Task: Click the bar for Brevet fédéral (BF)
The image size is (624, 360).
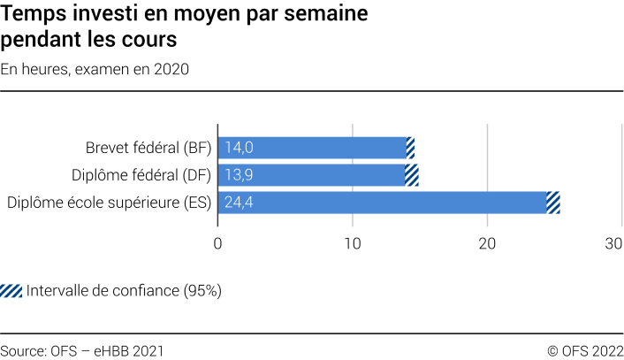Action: (x=311, y=148)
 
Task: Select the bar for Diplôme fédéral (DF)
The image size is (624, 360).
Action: (x=311, y=175)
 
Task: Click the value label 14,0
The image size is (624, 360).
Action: (x=240, y=148)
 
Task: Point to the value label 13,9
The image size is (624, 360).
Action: (x=240, y=175)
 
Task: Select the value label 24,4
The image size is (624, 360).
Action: (x=240, y=203)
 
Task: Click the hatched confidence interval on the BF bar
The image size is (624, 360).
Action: (x=410, y=148)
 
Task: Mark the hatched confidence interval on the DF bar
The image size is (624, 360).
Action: (x=412, y=175)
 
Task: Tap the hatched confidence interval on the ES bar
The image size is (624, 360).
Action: (x=553, y=203)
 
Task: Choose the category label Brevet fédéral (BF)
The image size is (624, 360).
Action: (x=148, y=148)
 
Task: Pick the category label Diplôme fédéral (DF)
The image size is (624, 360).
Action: (x=141, y=175)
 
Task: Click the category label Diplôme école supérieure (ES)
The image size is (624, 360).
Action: (x=109, y=203)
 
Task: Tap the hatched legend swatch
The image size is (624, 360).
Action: (x=11, y=291)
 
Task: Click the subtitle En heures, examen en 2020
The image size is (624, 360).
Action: (x=95, y=69)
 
